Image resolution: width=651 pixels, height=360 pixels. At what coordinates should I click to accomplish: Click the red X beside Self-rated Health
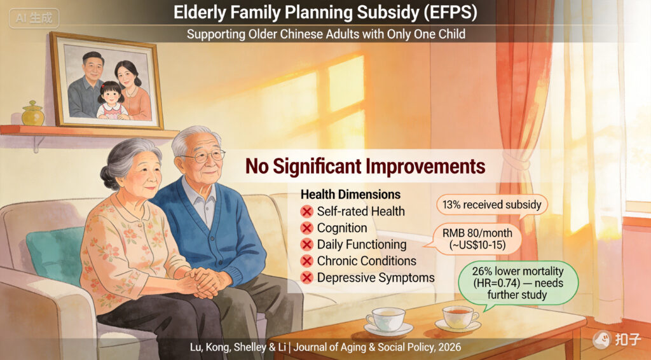pos(307,212)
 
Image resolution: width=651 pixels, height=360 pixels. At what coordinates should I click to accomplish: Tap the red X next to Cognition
pos(307,228)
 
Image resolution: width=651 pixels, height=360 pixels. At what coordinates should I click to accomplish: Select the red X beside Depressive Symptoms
pos(307,278)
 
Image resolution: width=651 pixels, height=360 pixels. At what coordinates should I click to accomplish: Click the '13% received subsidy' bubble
pos(491,205)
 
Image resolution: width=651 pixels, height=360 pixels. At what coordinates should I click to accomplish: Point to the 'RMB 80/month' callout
pos(477,239)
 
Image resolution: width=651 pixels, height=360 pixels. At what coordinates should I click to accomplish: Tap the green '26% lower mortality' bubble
pos(517,284)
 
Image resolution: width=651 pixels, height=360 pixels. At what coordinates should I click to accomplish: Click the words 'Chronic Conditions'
pos(367,261)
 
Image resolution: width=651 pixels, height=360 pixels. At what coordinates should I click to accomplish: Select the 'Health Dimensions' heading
pos(350,195)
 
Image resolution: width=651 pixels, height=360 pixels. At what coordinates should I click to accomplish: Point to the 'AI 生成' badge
pos(34,18)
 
